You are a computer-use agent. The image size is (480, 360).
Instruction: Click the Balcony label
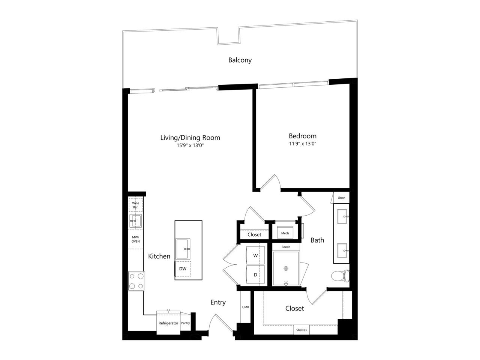tap(240, 60)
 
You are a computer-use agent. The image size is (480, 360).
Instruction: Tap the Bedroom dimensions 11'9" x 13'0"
tap(303, 144)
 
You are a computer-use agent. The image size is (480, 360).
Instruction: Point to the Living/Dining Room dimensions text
tap(190, 145)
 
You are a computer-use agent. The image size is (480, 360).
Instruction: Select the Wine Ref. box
tap(136, 205)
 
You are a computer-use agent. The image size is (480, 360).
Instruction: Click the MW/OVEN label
tap(136, 239)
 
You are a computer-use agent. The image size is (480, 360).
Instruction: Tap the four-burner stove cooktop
tap(136, 281)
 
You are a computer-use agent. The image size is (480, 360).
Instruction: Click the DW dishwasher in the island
tap(183, 268)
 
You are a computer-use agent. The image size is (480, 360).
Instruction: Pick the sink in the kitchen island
tap(183, 249)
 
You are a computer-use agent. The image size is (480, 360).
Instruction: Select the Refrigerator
tap(168, 322)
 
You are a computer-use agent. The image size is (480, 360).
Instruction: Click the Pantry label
tap(186, 323)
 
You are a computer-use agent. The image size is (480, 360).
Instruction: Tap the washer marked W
tap(255, 255)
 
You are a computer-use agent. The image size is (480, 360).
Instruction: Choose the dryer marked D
tap(255, 274)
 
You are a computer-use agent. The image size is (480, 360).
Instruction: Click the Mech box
tap(285, 232)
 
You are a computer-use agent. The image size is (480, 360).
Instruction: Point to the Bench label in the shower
tap(286, 247)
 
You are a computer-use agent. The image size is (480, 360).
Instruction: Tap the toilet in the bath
tap(340, 276)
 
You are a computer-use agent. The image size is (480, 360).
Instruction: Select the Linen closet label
tap(341, 198)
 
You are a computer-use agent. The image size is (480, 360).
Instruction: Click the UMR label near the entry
tap(246, 307)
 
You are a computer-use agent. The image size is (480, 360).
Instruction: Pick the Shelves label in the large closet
tap(301, 330)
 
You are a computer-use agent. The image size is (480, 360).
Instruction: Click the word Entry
tap(218, 302)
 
